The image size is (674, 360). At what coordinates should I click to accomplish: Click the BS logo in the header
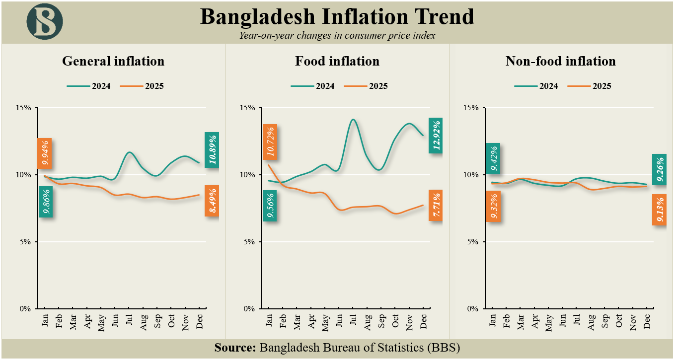45,21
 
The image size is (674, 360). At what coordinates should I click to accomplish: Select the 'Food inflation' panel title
337,61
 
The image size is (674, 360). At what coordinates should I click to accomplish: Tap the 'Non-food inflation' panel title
560,61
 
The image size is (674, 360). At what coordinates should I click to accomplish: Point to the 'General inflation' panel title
113,61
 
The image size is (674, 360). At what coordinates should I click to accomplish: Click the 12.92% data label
436,135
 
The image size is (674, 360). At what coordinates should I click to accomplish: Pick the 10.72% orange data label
270,142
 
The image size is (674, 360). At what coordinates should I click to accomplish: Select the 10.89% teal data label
212,149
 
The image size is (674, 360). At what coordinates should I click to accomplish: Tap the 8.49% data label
212,201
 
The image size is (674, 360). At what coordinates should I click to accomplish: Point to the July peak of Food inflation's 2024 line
353,119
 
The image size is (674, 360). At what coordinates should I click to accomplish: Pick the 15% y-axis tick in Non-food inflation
471,108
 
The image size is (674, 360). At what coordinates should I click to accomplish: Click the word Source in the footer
235,347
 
